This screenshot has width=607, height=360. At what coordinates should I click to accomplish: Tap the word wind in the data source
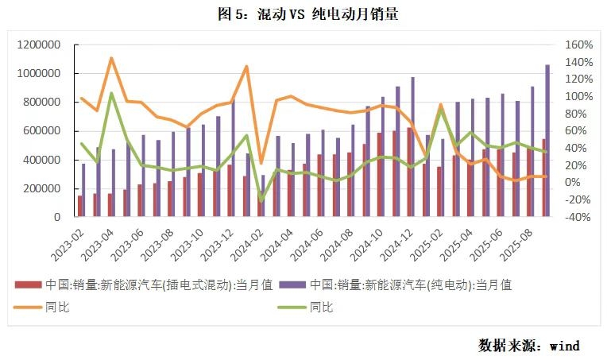click(x=565, y=346)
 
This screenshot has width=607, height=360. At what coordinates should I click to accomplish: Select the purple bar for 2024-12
click(x=413, y=147)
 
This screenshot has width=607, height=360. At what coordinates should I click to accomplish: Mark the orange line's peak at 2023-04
click(x=111, y=58)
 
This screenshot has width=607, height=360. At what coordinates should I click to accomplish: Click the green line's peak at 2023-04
click(x=111, y=93)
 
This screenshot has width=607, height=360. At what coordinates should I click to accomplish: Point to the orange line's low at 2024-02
click(x=261, y=163)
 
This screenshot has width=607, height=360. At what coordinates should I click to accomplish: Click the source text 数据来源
click(x=507, y=346)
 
